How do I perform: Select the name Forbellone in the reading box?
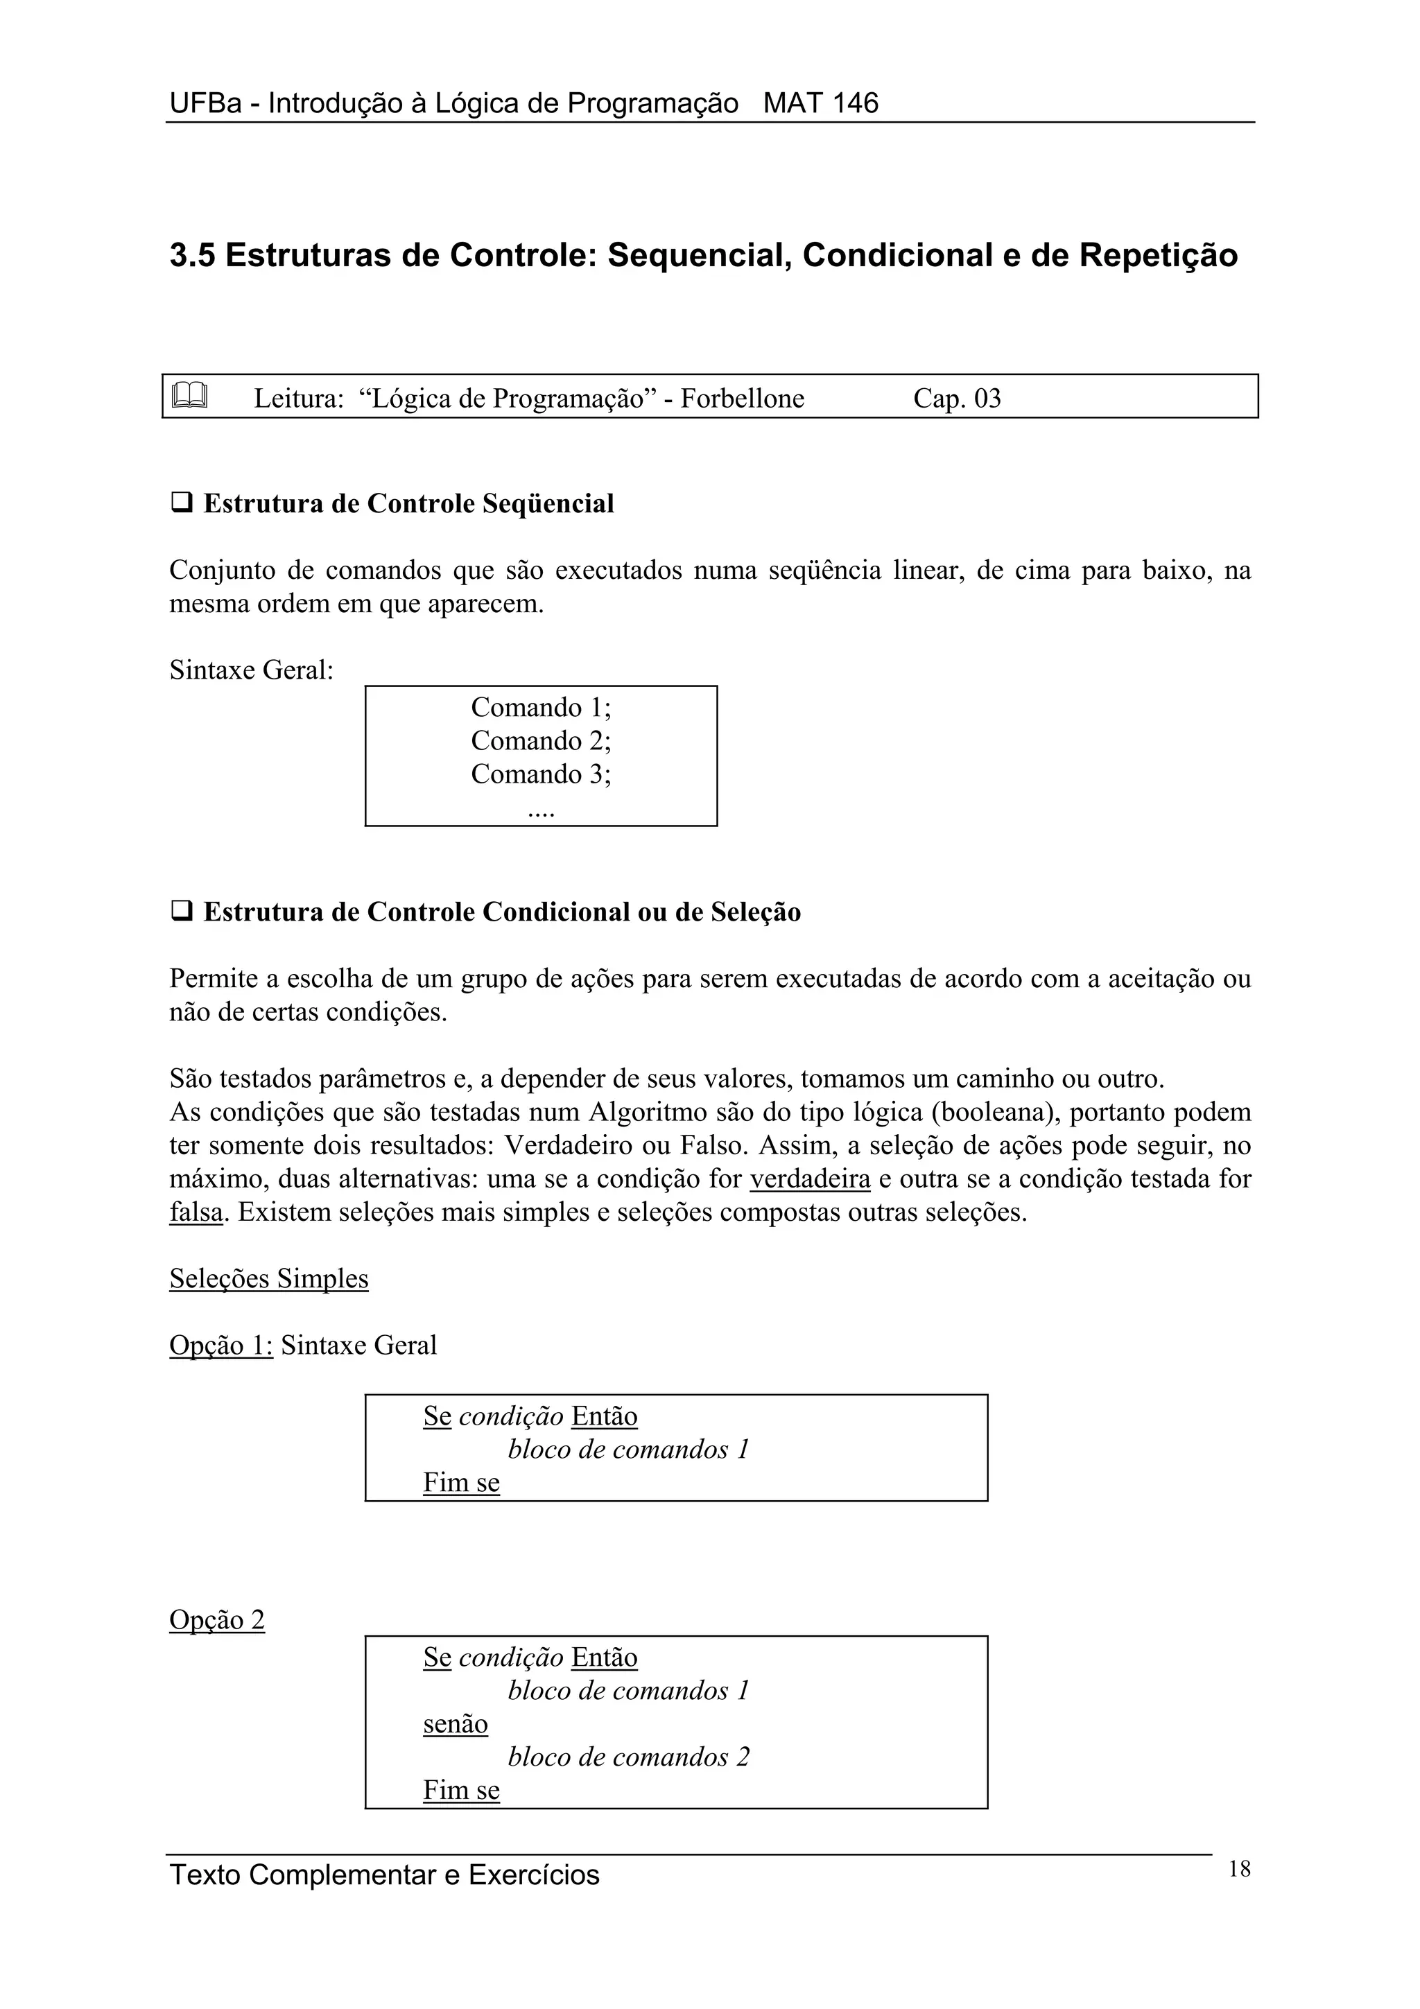point(742,399)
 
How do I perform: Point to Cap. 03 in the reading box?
point(956,399)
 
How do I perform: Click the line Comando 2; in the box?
point(541,741)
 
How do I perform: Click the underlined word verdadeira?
point(810,1179)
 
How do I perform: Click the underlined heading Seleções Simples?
point(268,1278)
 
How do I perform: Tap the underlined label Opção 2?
point(217,1619)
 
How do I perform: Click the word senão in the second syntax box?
point(455,1724)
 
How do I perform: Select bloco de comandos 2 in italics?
point(628,1757)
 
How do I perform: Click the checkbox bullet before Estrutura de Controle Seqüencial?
point(181,503)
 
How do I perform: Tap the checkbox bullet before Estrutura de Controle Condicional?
point(181,912)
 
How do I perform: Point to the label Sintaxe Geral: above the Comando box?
point(251,670)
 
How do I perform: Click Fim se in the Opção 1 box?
point(461,1482)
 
